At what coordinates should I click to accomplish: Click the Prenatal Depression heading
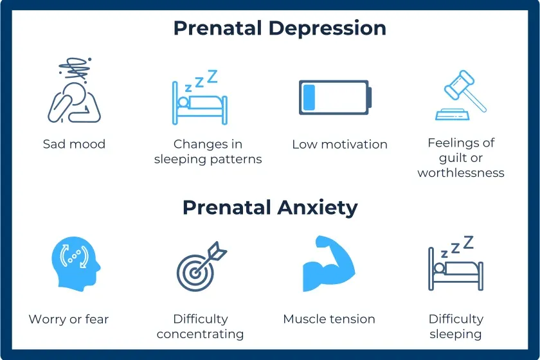[280, 28]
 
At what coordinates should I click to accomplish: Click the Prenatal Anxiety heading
[270, 208]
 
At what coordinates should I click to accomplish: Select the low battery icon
[334, 98]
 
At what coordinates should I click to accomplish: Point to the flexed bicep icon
[328, 265]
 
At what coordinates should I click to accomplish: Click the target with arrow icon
[199, 267]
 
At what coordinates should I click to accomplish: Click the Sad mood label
[74, 144]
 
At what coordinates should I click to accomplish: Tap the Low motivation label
[339, 144]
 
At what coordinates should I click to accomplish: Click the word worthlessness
[461, 173]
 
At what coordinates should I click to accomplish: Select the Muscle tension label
[328, 319]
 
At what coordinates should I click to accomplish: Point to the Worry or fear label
[69, 319]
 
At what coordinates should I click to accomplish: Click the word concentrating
[200, 334]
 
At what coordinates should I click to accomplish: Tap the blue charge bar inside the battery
[310, 98]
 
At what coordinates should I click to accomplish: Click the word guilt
[453, 158]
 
